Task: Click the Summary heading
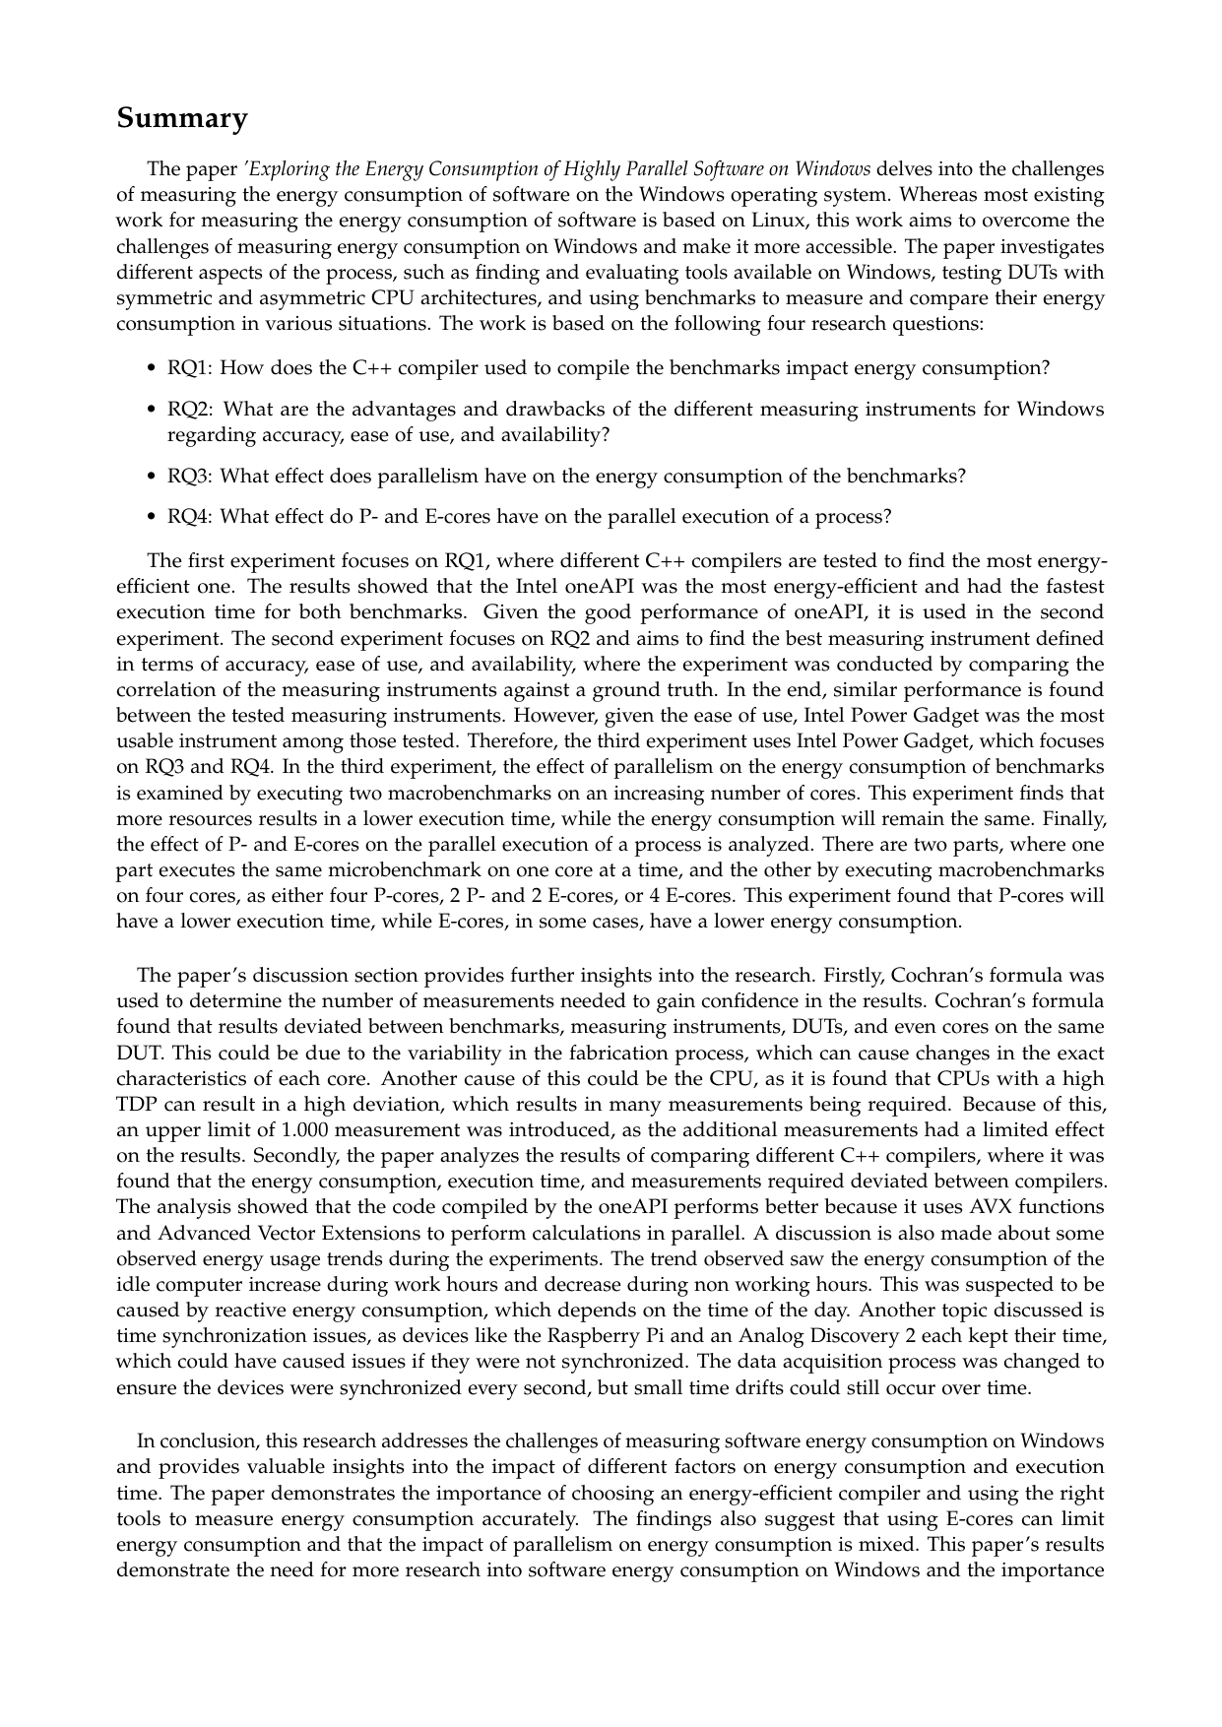pos(182,118)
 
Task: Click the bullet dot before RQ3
pos(152,477)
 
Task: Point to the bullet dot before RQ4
pos(152,517)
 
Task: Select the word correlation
pos(164,690)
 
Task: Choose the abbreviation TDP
pos(136,1105)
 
